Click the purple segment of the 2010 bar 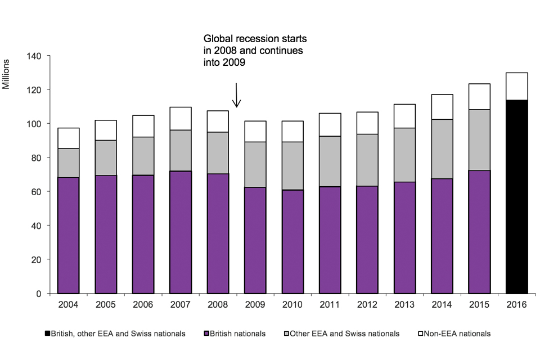(292, 242)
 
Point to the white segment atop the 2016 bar (517, 86)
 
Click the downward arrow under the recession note (237, 96)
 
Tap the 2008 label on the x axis (218, 305)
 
